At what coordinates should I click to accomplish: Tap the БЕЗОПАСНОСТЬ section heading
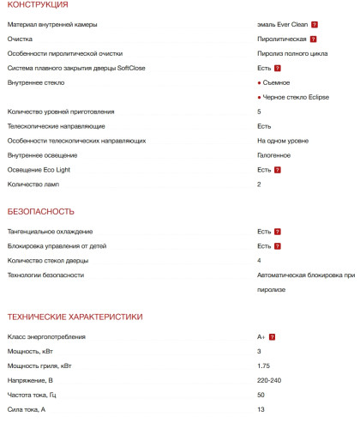click(40, 211)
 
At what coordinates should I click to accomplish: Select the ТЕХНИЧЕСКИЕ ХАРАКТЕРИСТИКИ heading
click(75, 317)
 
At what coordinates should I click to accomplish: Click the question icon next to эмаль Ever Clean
click(315, 24)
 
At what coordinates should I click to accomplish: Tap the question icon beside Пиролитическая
click(313, 39)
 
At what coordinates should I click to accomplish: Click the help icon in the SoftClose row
click(278, 67)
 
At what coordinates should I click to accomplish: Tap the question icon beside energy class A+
click(272, 337)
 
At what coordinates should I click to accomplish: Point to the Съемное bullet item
click(275, 82)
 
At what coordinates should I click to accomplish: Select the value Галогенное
click(273, 155)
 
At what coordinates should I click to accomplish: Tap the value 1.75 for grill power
click(263, 366)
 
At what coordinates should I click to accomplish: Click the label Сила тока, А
click(28, 409)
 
